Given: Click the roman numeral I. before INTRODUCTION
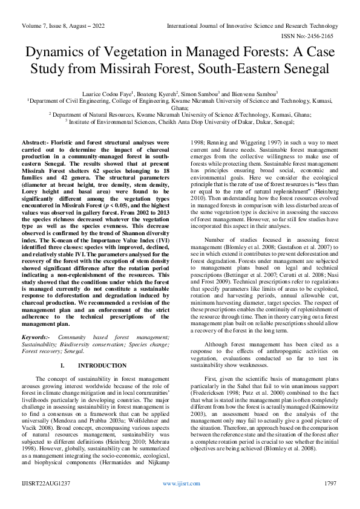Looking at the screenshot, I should (x=80, y=366).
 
